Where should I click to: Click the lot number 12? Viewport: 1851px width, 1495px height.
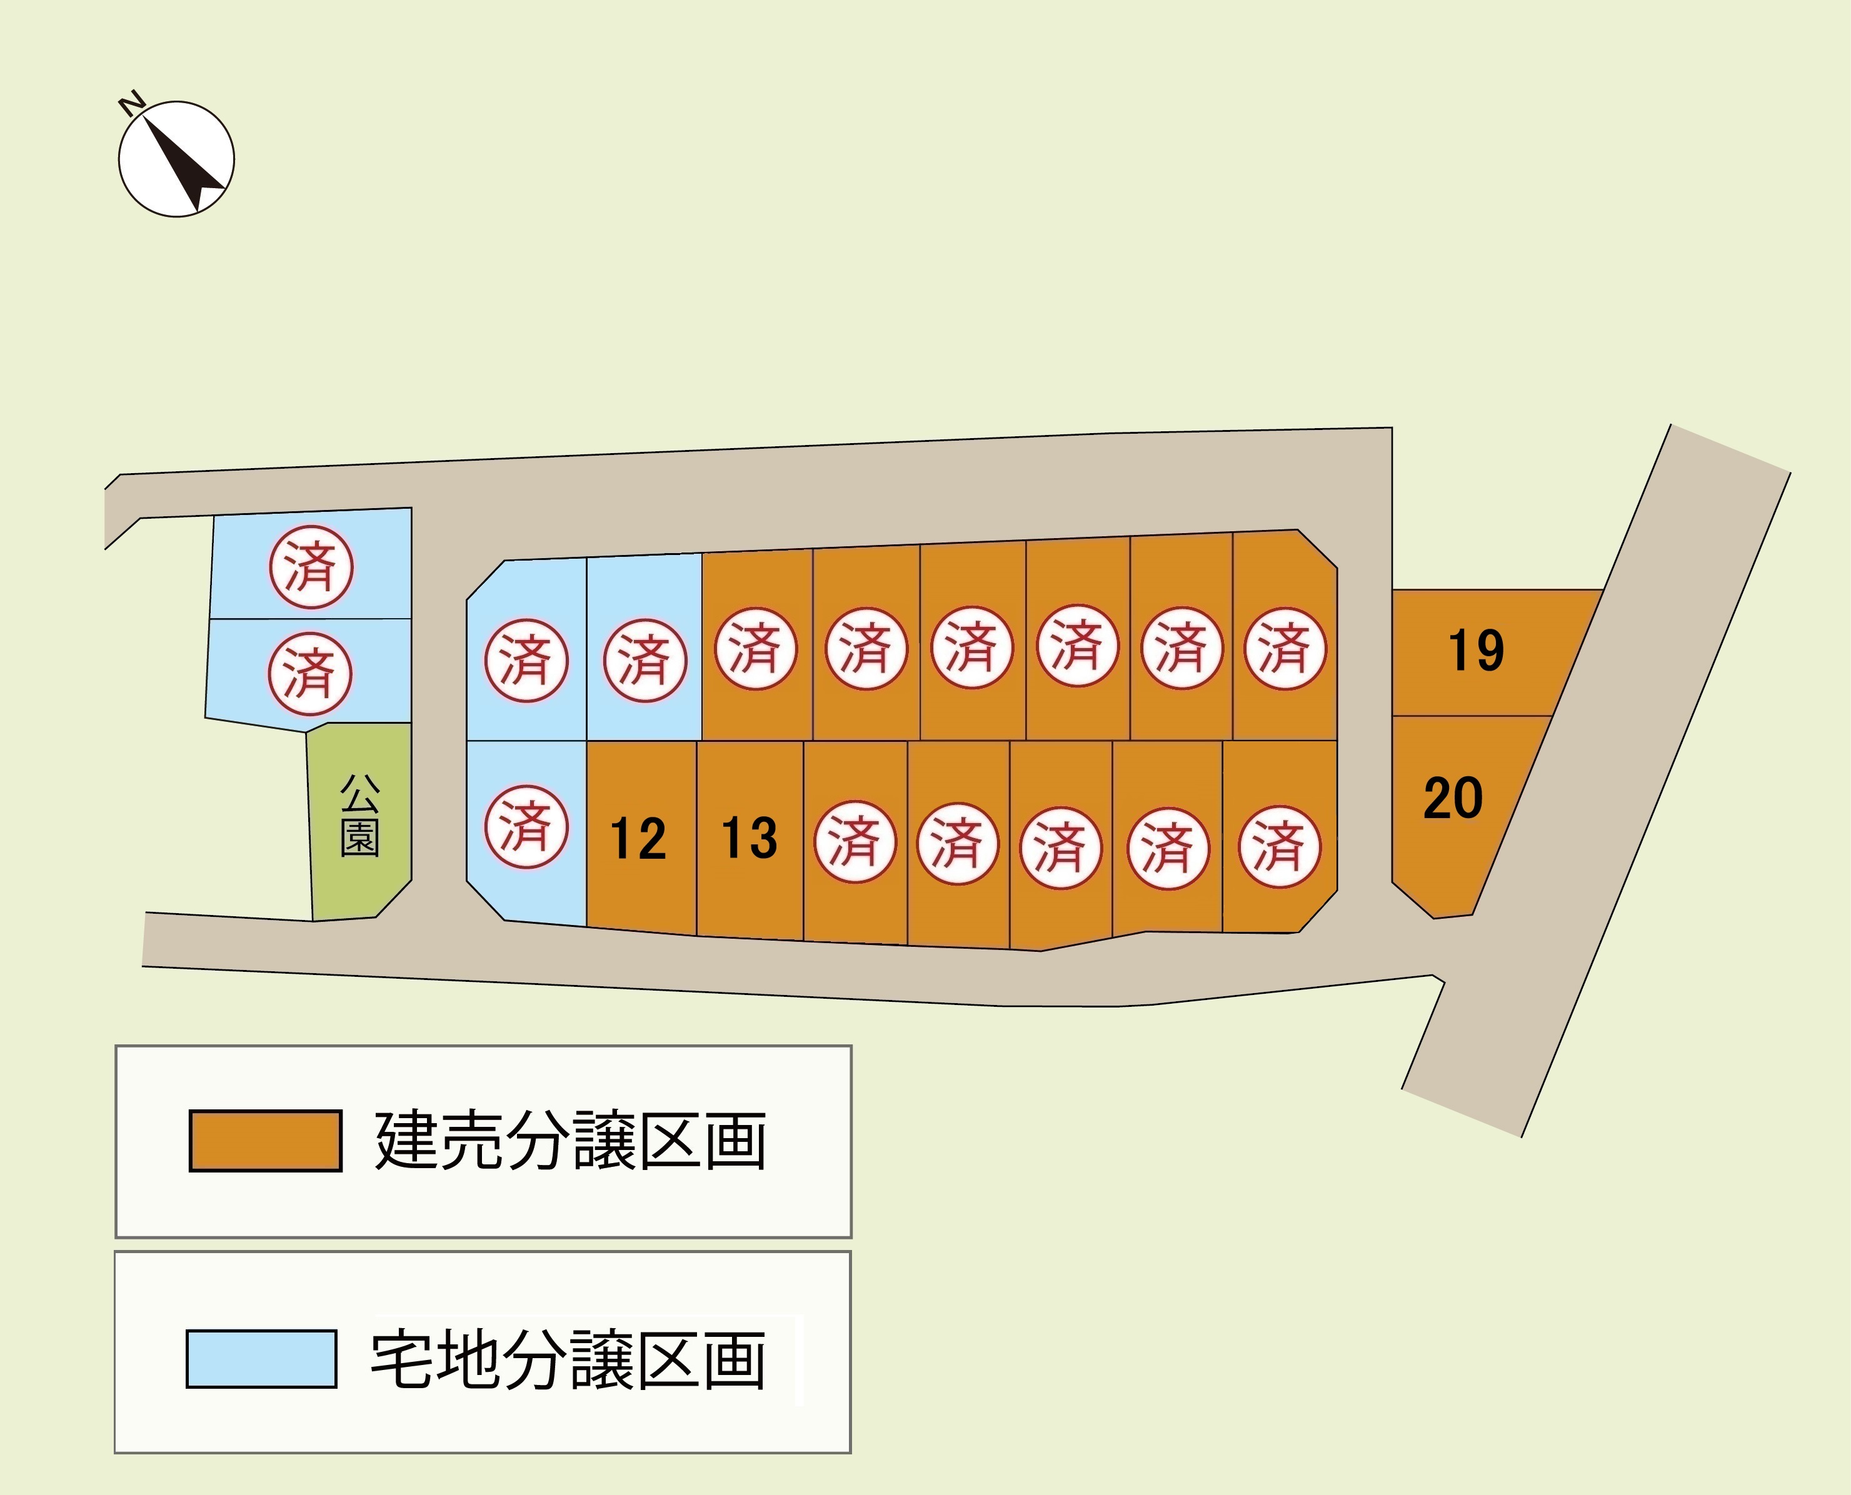click(x=638, y=839)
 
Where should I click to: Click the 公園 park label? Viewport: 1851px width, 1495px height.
click(x=360, y=814)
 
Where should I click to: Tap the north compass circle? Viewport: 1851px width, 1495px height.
click(x=176, y=159)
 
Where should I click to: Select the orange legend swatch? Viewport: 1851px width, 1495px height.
click(x=265, y=1141)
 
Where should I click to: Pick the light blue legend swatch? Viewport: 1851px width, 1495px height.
click(x=261, y=1359)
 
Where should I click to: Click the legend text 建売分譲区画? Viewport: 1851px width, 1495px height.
click(x=570, y=1141)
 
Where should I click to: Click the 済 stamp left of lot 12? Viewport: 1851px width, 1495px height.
click(x=525, y=827)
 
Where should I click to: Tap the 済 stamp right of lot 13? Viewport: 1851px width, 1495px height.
click(x=855, y=841)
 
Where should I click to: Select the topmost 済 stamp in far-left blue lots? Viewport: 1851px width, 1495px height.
click(x=311, y=567)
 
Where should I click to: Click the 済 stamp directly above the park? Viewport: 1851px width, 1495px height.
click(x=310, y=674)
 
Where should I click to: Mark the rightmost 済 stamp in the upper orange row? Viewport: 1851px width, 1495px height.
click(x=1285, y=649)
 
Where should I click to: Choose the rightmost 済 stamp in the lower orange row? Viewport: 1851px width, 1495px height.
click(x=1279, y=846)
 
